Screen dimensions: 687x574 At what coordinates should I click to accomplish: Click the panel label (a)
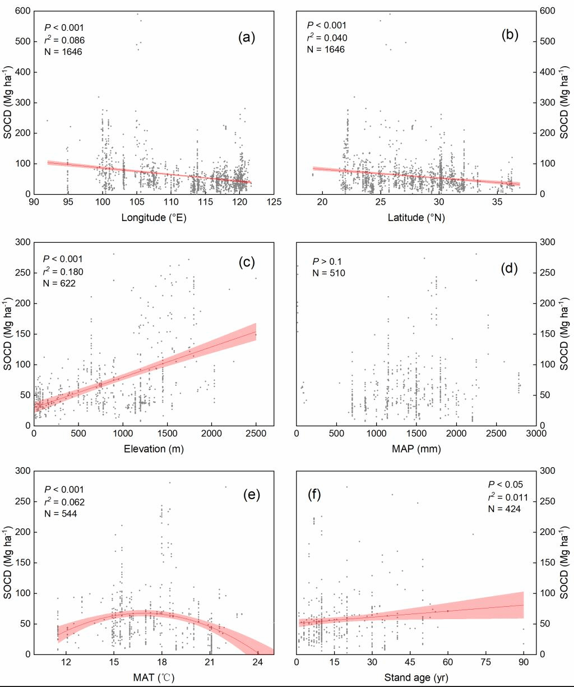[247, 38]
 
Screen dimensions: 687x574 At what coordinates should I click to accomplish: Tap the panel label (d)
[510, 269]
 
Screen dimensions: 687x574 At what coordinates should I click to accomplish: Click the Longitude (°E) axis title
[154, 218]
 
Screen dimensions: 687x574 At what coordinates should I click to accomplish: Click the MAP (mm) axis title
[415, 449]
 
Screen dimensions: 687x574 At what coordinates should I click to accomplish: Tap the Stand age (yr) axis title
[415, 678]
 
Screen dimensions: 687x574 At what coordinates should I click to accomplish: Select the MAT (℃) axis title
[154, 678]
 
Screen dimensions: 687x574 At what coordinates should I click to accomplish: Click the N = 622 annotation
[59, 283]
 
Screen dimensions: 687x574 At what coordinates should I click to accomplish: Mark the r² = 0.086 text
[64, 38]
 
